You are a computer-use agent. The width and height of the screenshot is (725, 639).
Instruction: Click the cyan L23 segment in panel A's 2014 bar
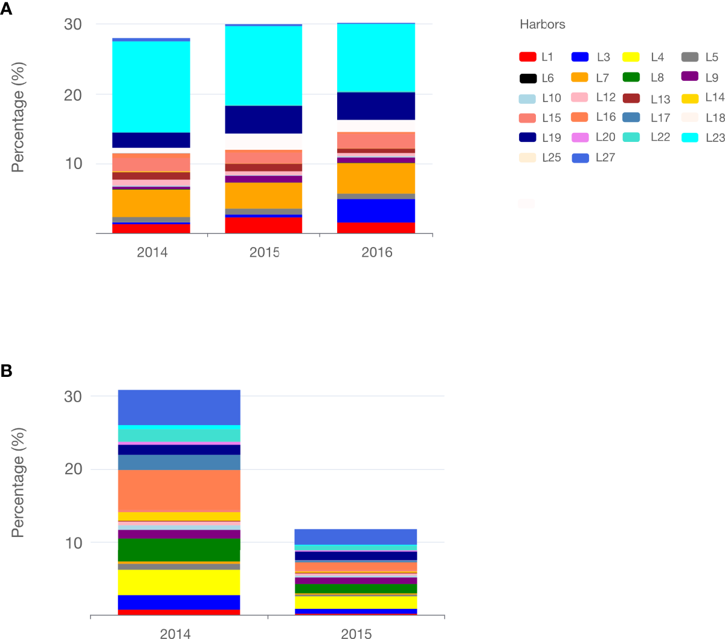(x=151, y=86)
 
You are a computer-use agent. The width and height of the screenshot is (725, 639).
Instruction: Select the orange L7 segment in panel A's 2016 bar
(x=376, y=178)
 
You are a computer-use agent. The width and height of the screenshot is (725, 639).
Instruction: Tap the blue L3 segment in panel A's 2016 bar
(x=376, y=211)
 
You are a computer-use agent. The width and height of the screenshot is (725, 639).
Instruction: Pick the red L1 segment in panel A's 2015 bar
(x=263, y=225)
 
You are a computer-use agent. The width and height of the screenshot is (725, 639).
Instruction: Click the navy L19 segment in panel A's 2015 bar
(x=263, y=120)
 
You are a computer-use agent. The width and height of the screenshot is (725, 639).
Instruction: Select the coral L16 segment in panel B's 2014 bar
(x=179, y=490)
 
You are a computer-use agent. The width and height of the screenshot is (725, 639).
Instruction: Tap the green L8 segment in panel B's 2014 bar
(x=179, y=550)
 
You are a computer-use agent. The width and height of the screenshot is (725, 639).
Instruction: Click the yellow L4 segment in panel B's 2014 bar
(x=179, y=582)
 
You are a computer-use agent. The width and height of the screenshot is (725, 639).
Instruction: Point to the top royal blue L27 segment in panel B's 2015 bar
(x=355, y=537)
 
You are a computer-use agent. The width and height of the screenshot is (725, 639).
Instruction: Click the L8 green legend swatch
(x=631, y=77)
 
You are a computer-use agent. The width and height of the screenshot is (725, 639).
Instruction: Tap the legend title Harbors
(x=542, y=25)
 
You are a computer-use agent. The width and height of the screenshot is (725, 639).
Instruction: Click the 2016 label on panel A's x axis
(x=376, y=252)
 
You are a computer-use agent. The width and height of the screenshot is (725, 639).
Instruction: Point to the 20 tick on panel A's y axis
(x=72, y=95)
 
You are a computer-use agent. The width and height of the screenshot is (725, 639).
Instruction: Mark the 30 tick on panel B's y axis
(x=72, y=397)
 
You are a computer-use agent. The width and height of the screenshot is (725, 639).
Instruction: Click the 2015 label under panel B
(x=356, y=633)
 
